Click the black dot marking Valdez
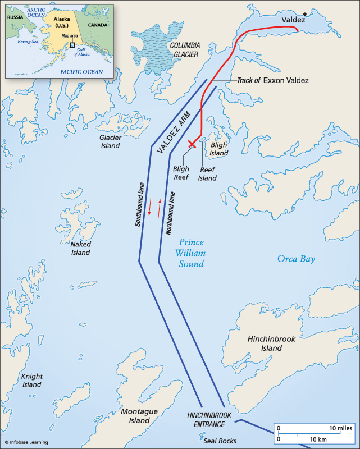click(x=305, y=14)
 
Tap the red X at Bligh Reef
click(x=192, y=144)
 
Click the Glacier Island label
click(x=110, y=141)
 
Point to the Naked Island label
click(x=80, y=249)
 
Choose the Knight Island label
click(x=31, y=381)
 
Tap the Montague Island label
click(x=135, y=416)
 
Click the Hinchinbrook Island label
click(x=272, y=343)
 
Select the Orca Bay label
click(x=296, y=259)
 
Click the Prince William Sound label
click(x=191, y=253)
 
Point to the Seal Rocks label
click(x=220, y=441)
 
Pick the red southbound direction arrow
click(x=150, y=207)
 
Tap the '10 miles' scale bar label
click(x=340, y=428)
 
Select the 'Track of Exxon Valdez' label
click(x=272, y=80)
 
